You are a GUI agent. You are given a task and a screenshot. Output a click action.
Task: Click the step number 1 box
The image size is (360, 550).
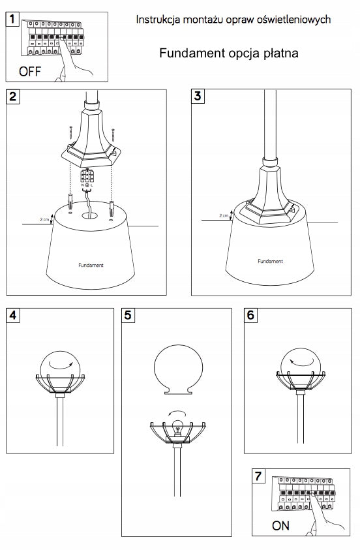(x=12, y=19)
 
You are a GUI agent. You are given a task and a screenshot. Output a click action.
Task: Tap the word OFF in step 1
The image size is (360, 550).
(x=30, y=72)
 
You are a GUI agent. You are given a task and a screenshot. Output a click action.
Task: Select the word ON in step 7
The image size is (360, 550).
(x=280, y=525)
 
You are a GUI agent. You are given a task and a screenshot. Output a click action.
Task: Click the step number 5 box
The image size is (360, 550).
(x=128, y=315)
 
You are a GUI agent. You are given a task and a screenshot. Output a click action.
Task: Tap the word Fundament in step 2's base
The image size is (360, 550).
(x=91, y=265)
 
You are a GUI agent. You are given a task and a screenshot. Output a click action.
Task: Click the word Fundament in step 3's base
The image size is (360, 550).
(x=270, y=262)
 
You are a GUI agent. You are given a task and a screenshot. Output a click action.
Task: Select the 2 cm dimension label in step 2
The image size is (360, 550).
(x=44, y=220)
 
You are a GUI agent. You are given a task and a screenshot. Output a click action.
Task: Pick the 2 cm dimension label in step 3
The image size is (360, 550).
(x=224, y=215)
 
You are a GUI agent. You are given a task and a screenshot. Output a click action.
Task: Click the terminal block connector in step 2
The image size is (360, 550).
(x=87, y=176)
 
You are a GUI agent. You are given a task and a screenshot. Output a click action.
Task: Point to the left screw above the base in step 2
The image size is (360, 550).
(x=70, y=132)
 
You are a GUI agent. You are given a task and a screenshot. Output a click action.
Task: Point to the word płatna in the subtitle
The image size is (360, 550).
(x=280, y=53)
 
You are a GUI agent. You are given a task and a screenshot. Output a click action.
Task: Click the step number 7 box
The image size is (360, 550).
(x=258, y=476)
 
